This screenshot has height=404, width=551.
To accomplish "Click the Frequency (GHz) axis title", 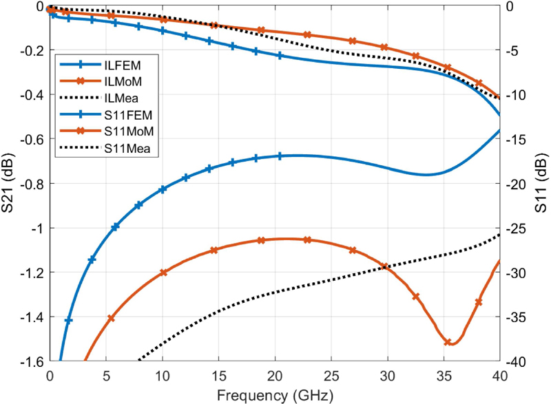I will click(x=274, y=395).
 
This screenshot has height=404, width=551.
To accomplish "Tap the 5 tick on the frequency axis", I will click(x=106, y=377).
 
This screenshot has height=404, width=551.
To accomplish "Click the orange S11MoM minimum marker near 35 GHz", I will click(x=448, y=342).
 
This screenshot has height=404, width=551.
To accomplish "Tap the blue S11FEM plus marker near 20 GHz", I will click(x=280, y=156).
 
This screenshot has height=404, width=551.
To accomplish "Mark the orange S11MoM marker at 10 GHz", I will click(x=163, y=273).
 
